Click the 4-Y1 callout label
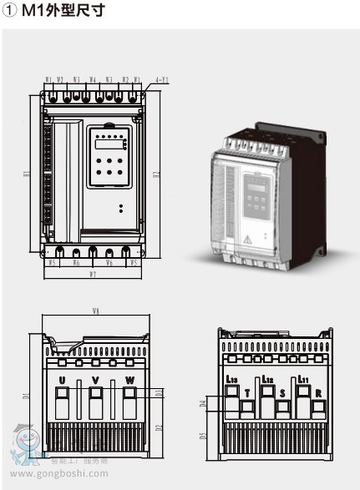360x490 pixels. pyautogui.click(x=161, y=80)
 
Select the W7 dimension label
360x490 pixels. pyautogui.click(x=93, y=274)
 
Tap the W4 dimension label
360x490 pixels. pyautogui.click(x=93, y=80)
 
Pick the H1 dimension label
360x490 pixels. pyautogui.click(x=28, y=174)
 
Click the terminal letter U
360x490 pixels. pyautogui.click(x=62, y=381)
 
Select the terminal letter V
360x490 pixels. pyautogui.click(x=95, y=381)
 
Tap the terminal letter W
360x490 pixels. pyautogui.click(x=129, y=381)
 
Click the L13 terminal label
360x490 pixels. pyautogui.click(x=231, y=381)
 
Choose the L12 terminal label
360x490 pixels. pyautogui.click(x=267, y=381)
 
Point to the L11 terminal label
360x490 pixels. pyautogui.click(x=303, y=381)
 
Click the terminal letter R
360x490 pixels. pyautogui.click(x=317, y=391)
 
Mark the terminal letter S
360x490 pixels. pyautogui.click(x=282, y=391)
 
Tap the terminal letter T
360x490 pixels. pyautogui.click(x=246, y=391)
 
